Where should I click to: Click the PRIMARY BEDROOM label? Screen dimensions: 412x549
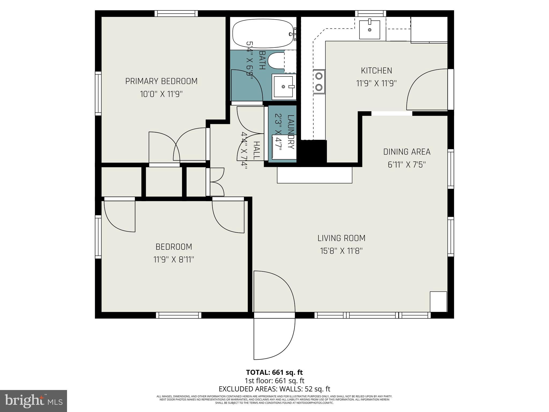coord(161,81)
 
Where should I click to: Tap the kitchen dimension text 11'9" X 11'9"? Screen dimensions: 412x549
coord(376,83)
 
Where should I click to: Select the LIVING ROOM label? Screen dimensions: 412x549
coord(341,238)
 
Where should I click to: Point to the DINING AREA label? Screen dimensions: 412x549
coord(407,152)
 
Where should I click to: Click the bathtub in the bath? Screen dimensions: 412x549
coord(263,34)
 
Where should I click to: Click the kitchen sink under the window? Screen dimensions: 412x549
coord(369,30)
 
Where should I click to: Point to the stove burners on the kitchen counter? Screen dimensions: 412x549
coord(319,82)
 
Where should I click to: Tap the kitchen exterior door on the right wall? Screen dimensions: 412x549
coord(428,90)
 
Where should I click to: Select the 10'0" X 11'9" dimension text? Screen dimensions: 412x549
coord(161,94)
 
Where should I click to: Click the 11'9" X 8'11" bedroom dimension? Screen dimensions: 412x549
coord(173,260)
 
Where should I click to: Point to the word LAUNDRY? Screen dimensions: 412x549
coord(291,132)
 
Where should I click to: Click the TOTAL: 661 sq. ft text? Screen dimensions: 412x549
coord(274,372)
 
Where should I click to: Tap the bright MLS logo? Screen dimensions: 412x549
coord(34,401)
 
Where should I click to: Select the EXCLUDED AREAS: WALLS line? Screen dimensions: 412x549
coord(274,389)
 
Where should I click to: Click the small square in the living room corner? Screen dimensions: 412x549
coord(438,301)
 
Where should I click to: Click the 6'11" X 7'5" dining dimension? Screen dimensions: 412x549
coord(407,165)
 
